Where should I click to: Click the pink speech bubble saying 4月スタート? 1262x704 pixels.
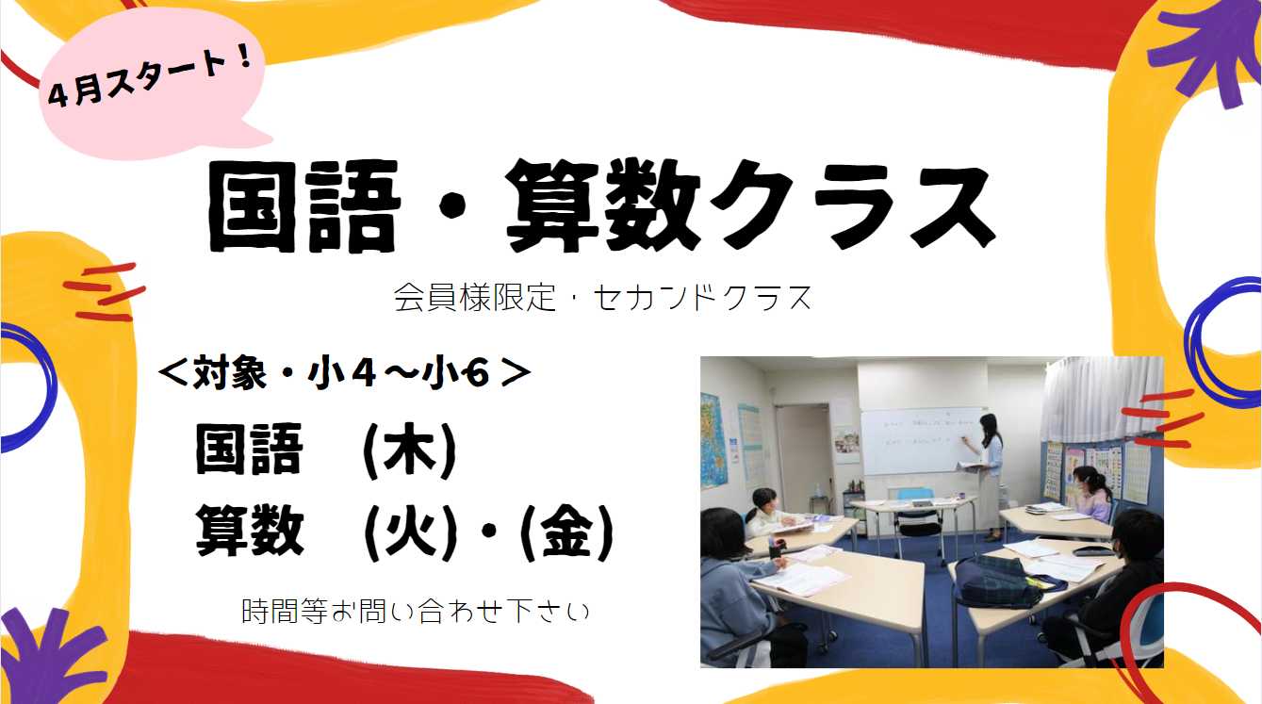pos(152,85)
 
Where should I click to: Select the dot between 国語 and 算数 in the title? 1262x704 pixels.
pos(452,206)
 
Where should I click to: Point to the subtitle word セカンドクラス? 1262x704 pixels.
pos(702,298)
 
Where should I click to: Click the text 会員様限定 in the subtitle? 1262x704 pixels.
pos(475,298)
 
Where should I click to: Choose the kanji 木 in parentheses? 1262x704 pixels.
pos(410,450)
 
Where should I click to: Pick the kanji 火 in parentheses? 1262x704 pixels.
pos(410,532)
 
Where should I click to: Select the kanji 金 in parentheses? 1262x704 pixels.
pos(566,532)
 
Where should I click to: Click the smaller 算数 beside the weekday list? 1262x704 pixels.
pos(250,531)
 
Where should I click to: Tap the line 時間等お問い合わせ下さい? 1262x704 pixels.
pos(416,612)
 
